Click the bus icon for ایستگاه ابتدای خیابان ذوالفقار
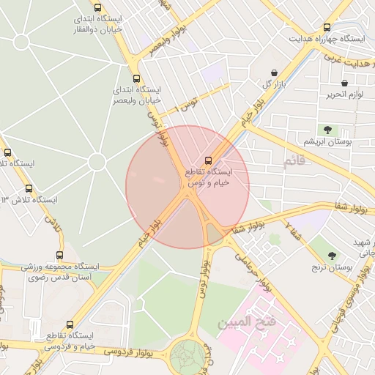click(97, 8)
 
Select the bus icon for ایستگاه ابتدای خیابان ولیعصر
click(135, 78)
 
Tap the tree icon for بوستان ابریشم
click(327, 129)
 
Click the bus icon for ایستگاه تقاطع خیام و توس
click(208, 160)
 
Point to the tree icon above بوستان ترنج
click(333, 256)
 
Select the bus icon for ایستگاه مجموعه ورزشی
click(49, 256)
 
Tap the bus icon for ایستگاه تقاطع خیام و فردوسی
click(70, 323)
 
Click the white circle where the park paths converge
click(97, 162)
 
